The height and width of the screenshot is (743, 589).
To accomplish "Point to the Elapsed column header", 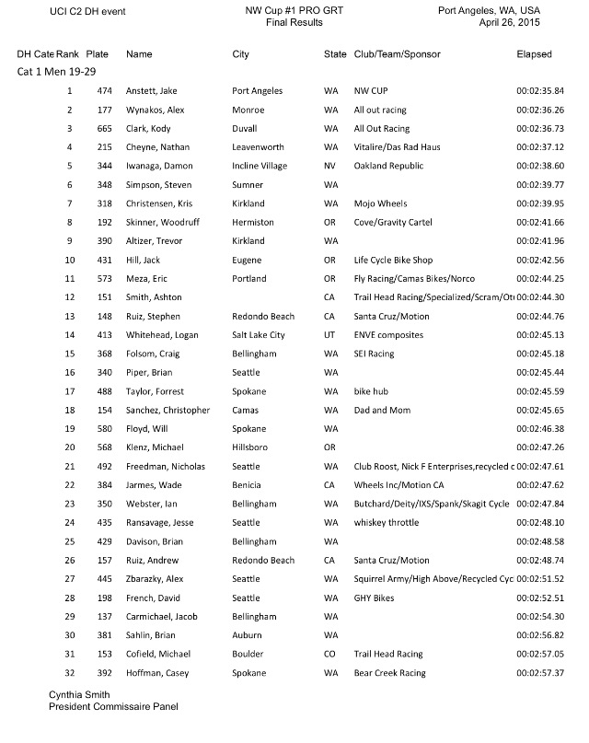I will pyautogui.click(x=535, y=55).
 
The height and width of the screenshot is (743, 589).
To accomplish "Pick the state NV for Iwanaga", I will pyautogui.click(x=330, y=167).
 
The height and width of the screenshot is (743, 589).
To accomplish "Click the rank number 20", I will pyautogui.click(x=69, y=448).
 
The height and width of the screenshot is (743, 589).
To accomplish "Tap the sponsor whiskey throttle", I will pyautogui.click(x=387, y=523).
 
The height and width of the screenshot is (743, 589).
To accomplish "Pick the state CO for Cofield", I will pyautogui.click(x=330, y=655).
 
